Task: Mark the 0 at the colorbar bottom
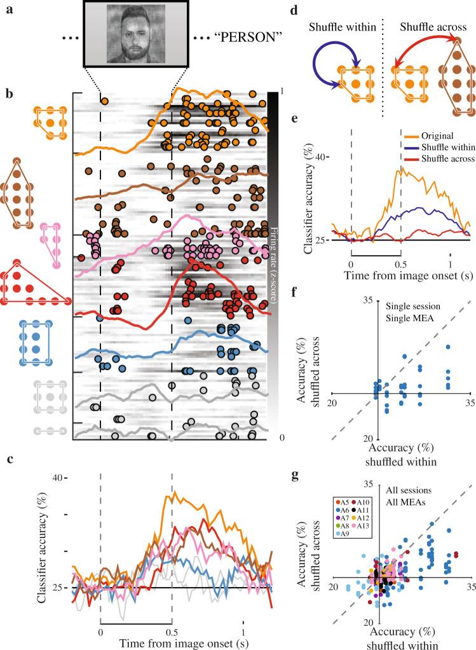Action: [x=282, y=438]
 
